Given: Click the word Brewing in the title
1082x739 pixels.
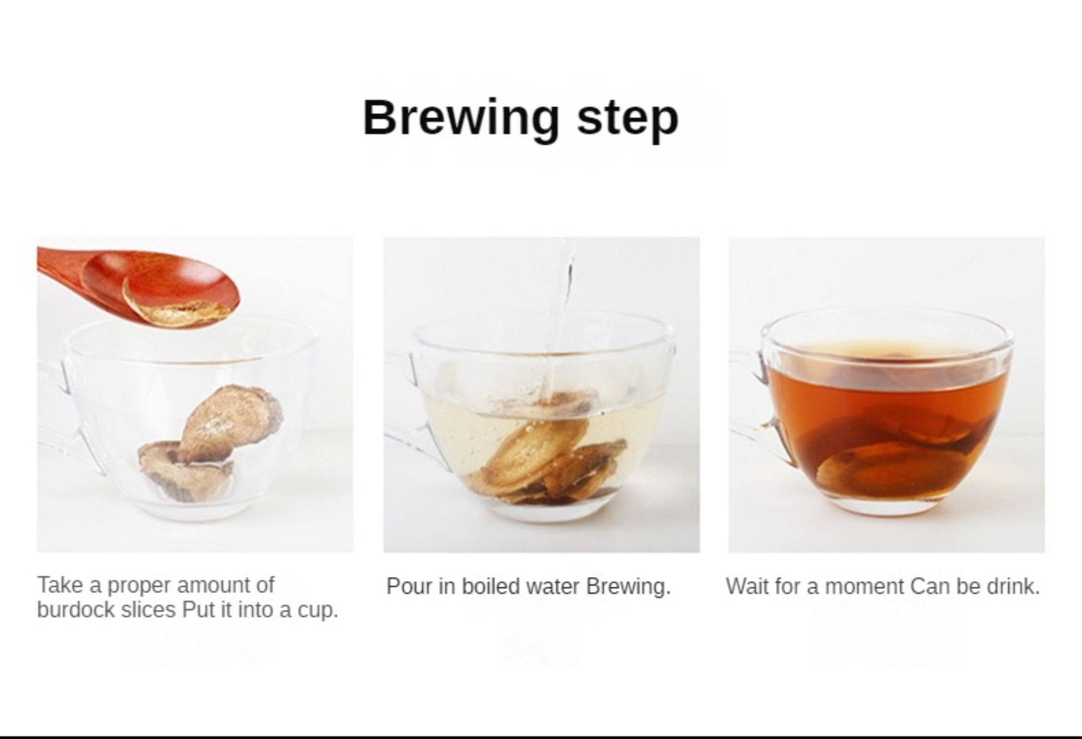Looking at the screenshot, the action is tap(461, 119).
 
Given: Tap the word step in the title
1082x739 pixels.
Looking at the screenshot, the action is tap(628, 119).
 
